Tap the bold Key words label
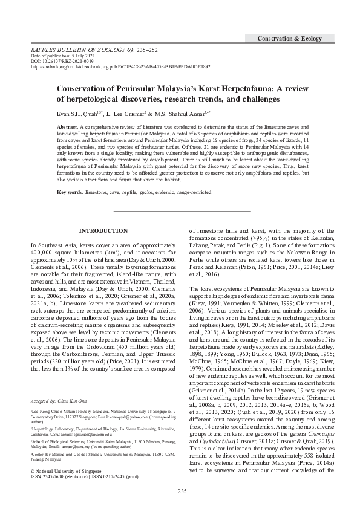(70, 192)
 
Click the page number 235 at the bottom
(179, 491)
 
